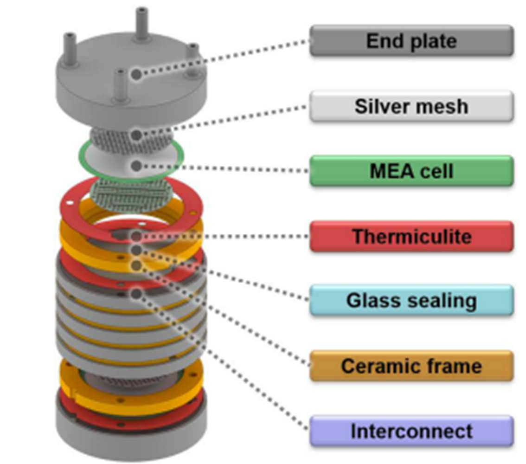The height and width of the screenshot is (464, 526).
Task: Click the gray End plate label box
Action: point(411,41)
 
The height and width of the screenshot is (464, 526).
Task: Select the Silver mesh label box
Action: point(411,107)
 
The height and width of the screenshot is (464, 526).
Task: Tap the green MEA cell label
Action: point(411,172)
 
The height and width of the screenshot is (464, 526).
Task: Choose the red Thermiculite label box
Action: point(411,237)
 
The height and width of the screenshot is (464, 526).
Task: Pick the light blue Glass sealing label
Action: point(411,301)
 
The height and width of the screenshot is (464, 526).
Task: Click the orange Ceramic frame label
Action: point(411,366)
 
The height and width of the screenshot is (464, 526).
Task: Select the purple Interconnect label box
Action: point(411,431)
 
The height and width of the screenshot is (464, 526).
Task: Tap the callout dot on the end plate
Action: point(135,74)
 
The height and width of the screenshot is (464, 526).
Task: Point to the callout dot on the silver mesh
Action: point(135,135)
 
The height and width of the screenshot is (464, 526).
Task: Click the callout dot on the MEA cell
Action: point(135,166)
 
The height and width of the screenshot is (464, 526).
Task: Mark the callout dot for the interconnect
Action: point(135,293)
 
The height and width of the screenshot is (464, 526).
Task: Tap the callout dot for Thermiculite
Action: point(135,237)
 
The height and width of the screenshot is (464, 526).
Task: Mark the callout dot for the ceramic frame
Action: point(135,265)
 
